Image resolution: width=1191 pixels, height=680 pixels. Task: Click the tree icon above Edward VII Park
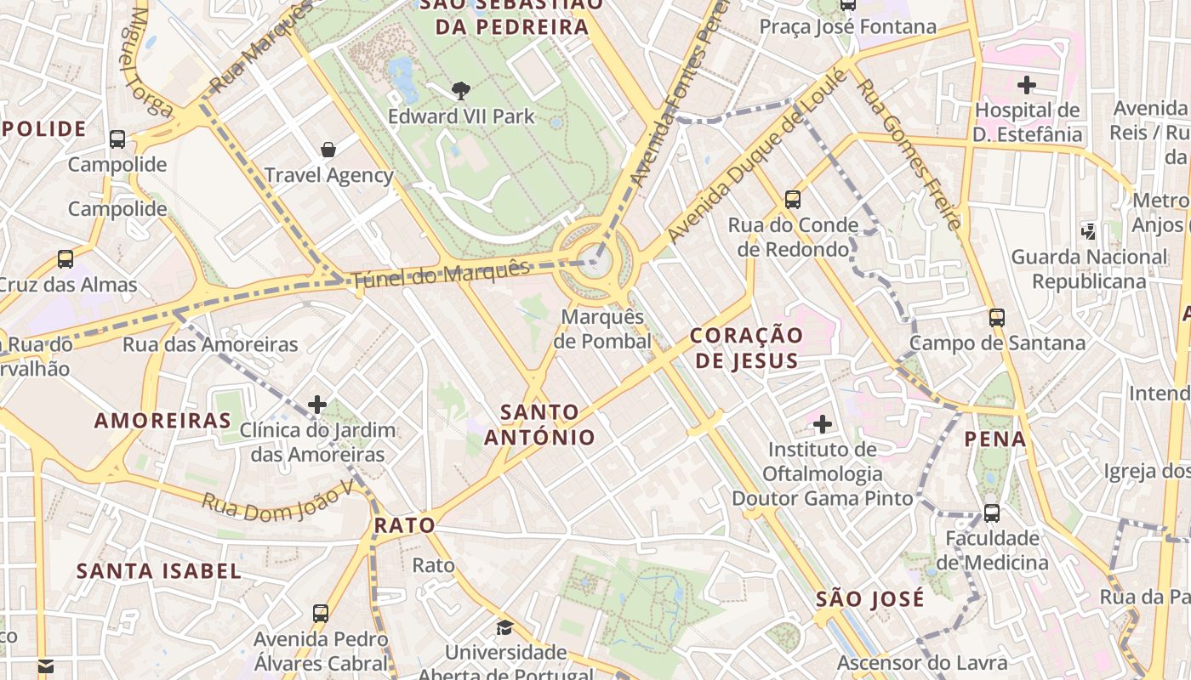(460, 90)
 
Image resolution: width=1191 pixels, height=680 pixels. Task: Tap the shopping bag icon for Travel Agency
(328, 150)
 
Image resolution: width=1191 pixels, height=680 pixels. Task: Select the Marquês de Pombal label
(602, 329)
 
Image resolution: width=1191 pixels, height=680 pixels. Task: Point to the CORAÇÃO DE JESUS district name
(747, 348)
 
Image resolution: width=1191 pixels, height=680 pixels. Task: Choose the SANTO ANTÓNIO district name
(539, 425)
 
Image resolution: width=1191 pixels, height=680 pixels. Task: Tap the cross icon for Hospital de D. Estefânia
(1027, 85)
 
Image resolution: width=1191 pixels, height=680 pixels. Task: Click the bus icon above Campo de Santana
(997, 318)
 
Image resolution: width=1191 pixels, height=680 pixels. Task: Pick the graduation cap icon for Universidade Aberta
(505, 627)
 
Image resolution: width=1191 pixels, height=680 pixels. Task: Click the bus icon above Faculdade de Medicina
(992, 513)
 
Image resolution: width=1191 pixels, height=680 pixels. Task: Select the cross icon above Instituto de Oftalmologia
(822, 423)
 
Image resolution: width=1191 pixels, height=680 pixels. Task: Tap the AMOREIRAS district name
(162, 420)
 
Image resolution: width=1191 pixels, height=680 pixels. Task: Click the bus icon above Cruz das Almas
(66, 259)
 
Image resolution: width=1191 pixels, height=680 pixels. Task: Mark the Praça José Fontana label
(847, 26)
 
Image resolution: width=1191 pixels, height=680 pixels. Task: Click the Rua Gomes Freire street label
(909, 154)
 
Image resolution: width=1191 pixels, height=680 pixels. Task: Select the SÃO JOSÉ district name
(869, 598)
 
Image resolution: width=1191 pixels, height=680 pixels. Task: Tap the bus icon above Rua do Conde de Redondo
(793, 200)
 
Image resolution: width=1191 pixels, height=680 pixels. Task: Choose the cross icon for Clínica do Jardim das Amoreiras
(317, 405)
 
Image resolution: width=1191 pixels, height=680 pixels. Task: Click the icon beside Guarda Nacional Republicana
(1088, 230)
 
